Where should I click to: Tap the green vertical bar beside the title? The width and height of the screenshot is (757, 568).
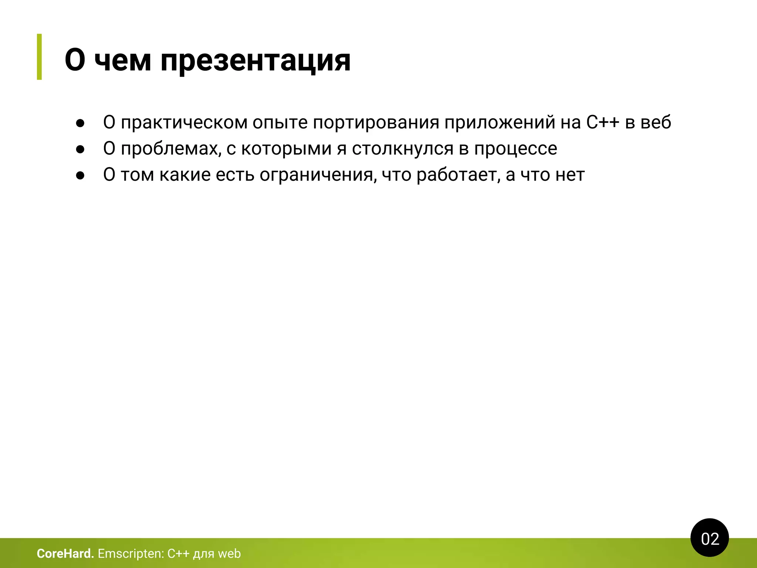pos(40,57)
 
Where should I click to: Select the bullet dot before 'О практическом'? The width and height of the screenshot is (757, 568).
pos(80,123)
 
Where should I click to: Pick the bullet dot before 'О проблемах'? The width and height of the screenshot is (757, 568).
pos(80,149)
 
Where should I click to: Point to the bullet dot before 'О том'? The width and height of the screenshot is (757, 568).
pos(80,176)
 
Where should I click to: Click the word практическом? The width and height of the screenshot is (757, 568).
pos(184,122)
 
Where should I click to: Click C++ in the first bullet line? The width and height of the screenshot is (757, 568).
pos(602,122)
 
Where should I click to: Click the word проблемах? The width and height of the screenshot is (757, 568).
pos(171,149)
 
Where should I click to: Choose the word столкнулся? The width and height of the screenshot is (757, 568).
pos(403,149)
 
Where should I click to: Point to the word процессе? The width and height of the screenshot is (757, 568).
pos(515,149)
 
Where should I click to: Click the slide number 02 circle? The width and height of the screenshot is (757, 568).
pos(709,538)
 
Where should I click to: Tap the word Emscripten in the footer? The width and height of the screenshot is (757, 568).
pos(130,554)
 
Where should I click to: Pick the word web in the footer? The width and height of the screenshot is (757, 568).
pos(229,554)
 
